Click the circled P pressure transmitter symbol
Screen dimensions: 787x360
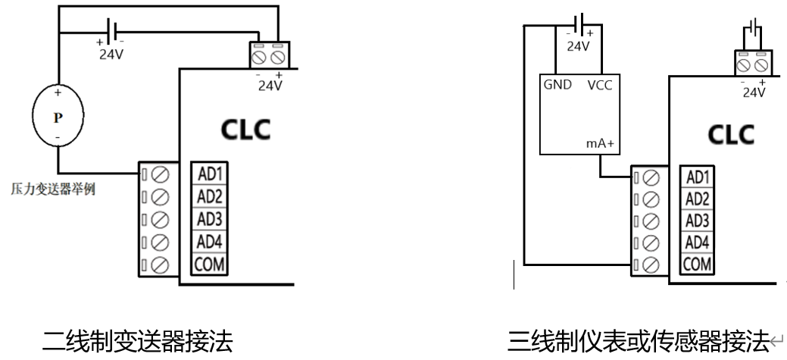point(58,115)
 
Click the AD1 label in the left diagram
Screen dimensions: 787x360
point(210,174)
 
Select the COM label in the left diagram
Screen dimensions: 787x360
point(209,264)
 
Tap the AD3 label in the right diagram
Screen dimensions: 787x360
point(697,221)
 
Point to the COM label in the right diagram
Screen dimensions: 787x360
point(697,264)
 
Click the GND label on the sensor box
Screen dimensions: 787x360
point(557,85)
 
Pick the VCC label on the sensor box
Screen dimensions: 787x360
point(600,86)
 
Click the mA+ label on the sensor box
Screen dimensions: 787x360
point(601,143)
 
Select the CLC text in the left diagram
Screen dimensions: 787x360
point(245,130)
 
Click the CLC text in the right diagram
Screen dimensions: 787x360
point(731,135)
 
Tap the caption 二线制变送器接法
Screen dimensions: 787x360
point(138,341)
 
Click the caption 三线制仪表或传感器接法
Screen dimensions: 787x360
point(638,341)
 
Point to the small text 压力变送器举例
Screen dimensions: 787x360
point(53,189)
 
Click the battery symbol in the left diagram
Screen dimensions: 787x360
point(112,31)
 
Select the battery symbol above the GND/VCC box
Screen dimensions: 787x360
point(579,24)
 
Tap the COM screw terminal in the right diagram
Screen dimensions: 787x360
point(651,264)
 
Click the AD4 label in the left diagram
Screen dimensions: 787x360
point(210,242)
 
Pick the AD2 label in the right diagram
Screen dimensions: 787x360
point(697,199)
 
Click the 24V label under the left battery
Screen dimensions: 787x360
point(111,54)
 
